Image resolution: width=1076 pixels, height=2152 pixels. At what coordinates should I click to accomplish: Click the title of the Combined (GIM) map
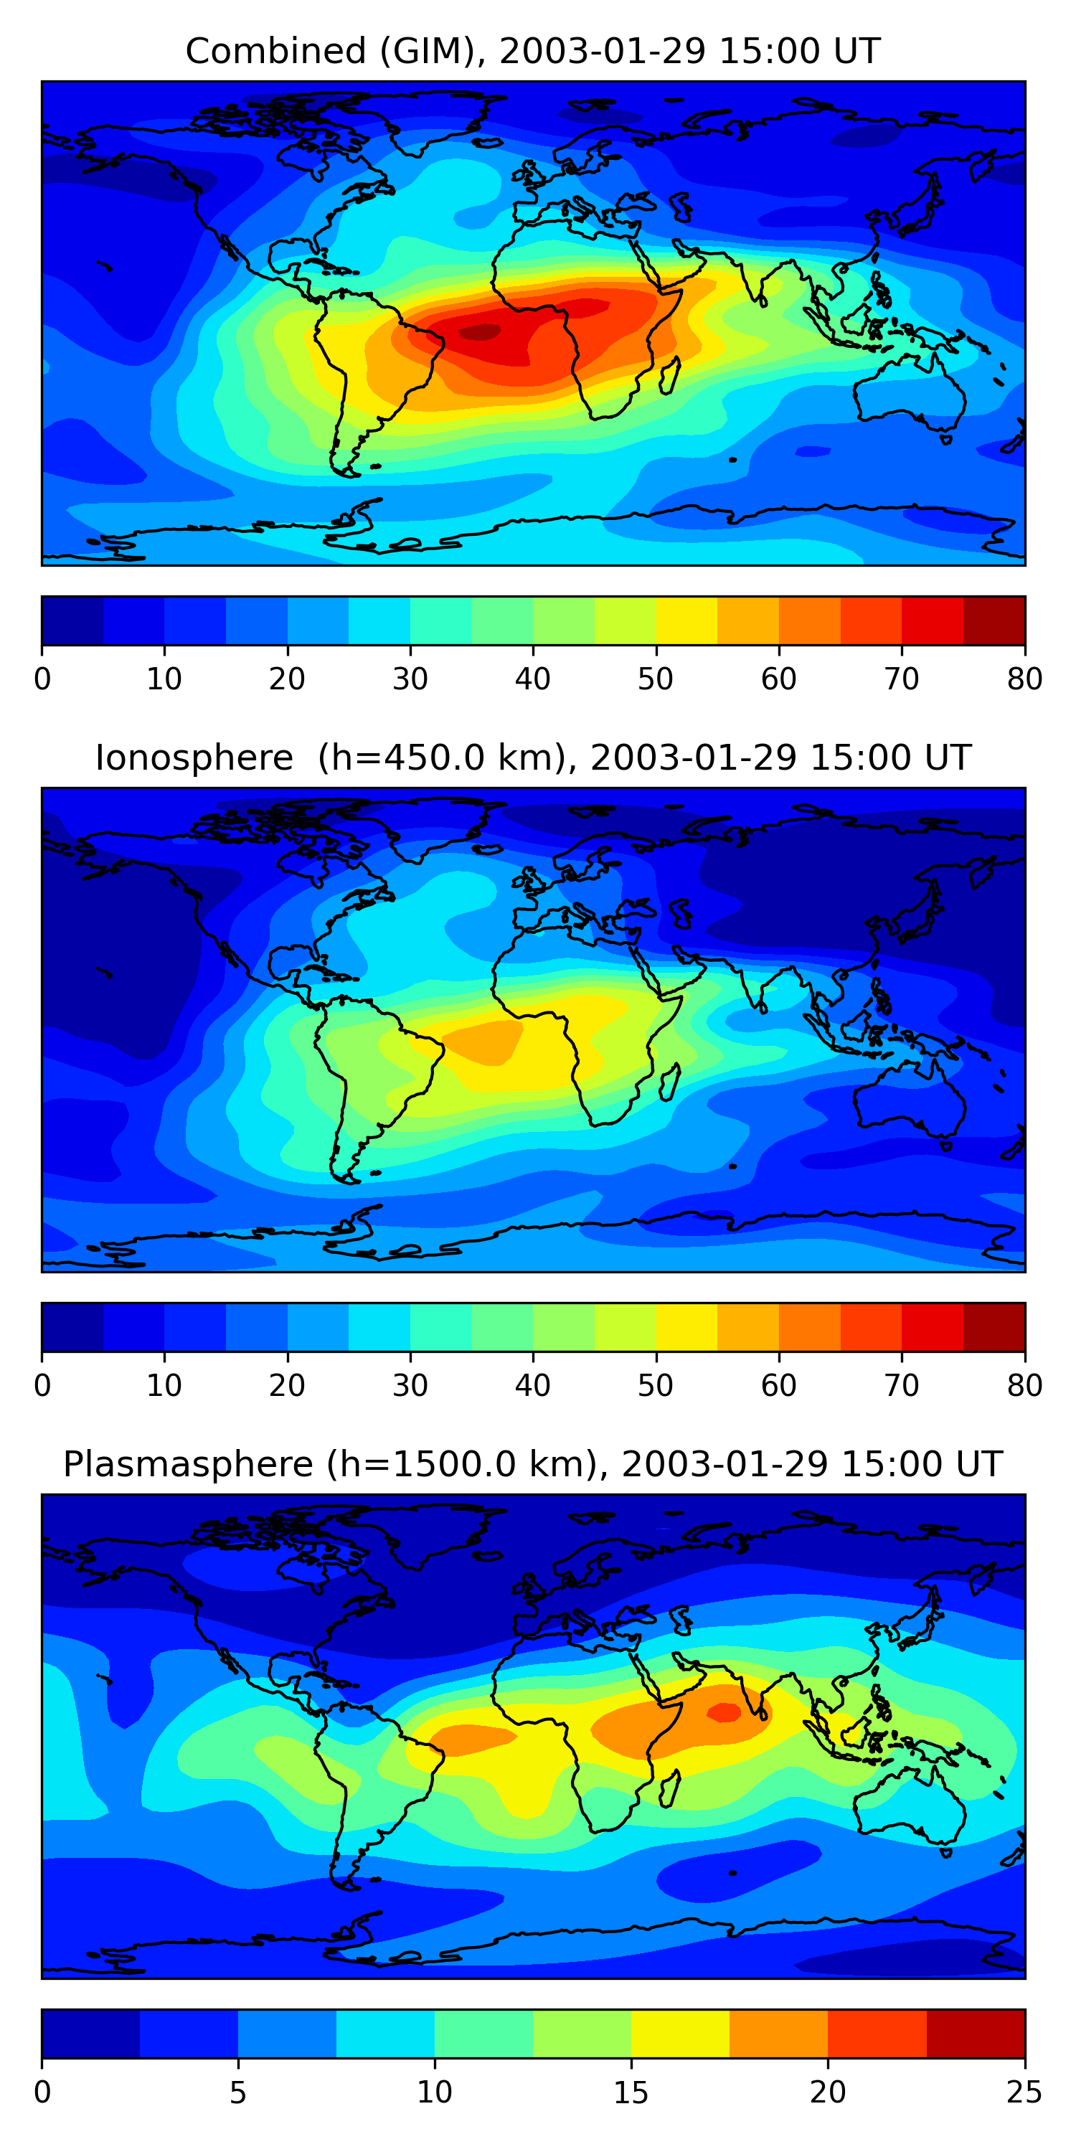(x=532, y=52)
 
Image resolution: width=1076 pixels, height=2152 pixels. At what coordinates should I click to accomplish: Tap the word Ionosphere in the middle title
(x=194, y=758)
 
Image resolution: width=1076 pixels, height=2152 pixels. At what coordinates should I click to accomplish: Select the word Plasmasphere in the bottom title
(x=187, y=1465)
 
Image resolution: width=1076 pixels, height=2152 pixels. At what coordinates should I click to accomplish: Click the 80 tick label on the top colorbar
(x=1024, y=679)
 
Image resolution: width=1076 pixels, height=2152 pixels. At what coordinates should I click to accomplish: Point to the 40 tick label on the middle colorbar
(x=532, y=1385)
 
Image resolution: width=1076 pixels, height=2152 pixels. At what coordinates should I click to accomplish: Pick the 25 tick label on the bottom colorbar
(x=1024, y=2092)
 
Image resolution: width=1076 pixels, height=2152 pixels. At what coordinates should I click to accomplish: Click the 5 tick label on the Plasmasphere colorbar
(x=238, y=2092)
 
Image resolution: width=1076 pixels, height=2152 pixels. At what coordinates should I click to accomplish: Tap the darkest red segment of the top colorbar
(x=994, y=620)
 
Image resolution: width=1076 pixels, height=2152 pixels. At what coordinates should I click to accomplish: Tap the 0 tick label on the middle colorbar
(x=42, y=1385)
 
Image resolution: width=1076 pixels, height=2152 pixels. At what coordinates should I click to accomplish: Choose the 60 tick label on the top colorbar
(x=778, y=679)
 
